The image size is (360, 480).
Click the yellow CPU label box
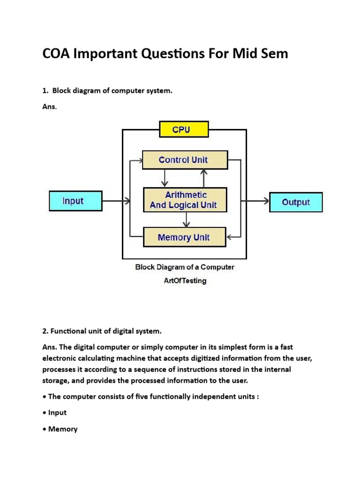181,129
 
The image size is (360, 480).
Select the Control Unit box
185,160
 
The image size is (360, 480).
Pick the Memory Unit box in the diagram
184,237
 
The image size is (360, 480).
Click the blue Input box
75,201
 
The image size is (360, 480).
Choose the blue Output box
296,202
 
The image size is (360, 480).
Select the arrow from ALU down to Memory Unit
187,219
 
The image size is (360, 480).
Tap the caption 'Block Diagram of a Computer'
185,267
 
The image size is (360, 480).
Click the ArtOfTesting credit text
184,281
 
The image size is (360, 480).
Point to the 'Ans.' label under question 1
49,107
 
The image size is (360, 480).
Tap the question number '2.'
45,331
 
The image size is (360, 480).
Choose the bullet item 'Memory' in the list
62,429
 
